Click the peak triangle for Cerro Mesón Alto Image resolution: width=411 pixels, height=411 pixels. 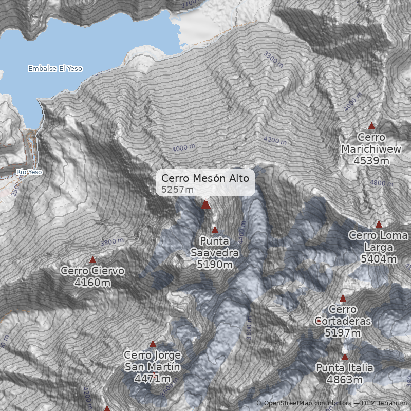[206, 205]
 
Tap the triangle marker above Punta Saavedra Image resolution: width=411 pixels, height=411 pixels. [215, 230]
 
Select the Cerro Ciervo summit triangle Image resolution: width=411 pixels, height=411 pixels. [93, 260]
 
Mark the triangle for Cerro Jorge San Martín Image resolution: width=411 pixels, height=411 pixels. [153, 344]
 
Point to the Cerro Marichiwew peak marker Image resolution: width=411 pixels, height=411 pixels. [371, 126]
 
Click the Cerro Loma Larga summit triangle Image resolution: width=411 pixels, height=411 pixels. [379, 225]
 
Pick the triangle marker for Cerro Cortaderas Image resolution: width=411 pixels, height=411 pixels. [343, 298]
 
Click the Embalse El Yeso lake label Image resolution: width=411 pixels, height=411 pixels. [55, 68]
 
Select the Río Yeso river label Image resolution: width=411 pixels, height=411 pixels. [29, 172]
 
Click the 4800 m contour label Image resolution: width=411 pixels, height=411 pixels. [381, 182]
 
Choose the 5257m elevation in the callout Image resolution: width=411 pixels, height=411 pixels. [178, 190]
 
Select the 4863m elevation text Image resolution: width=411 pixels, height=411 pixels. [345, 380]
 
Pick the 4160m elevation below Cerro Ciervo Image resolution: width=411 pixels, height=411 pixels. [92, 283]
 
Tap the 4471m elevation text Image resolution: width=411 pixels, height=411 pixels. [152, 379]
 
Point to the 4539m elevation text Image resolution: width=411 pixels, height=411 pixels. [371, 161]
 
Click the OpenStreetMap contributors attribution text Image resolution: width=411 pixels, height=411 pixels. [303, 403]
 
